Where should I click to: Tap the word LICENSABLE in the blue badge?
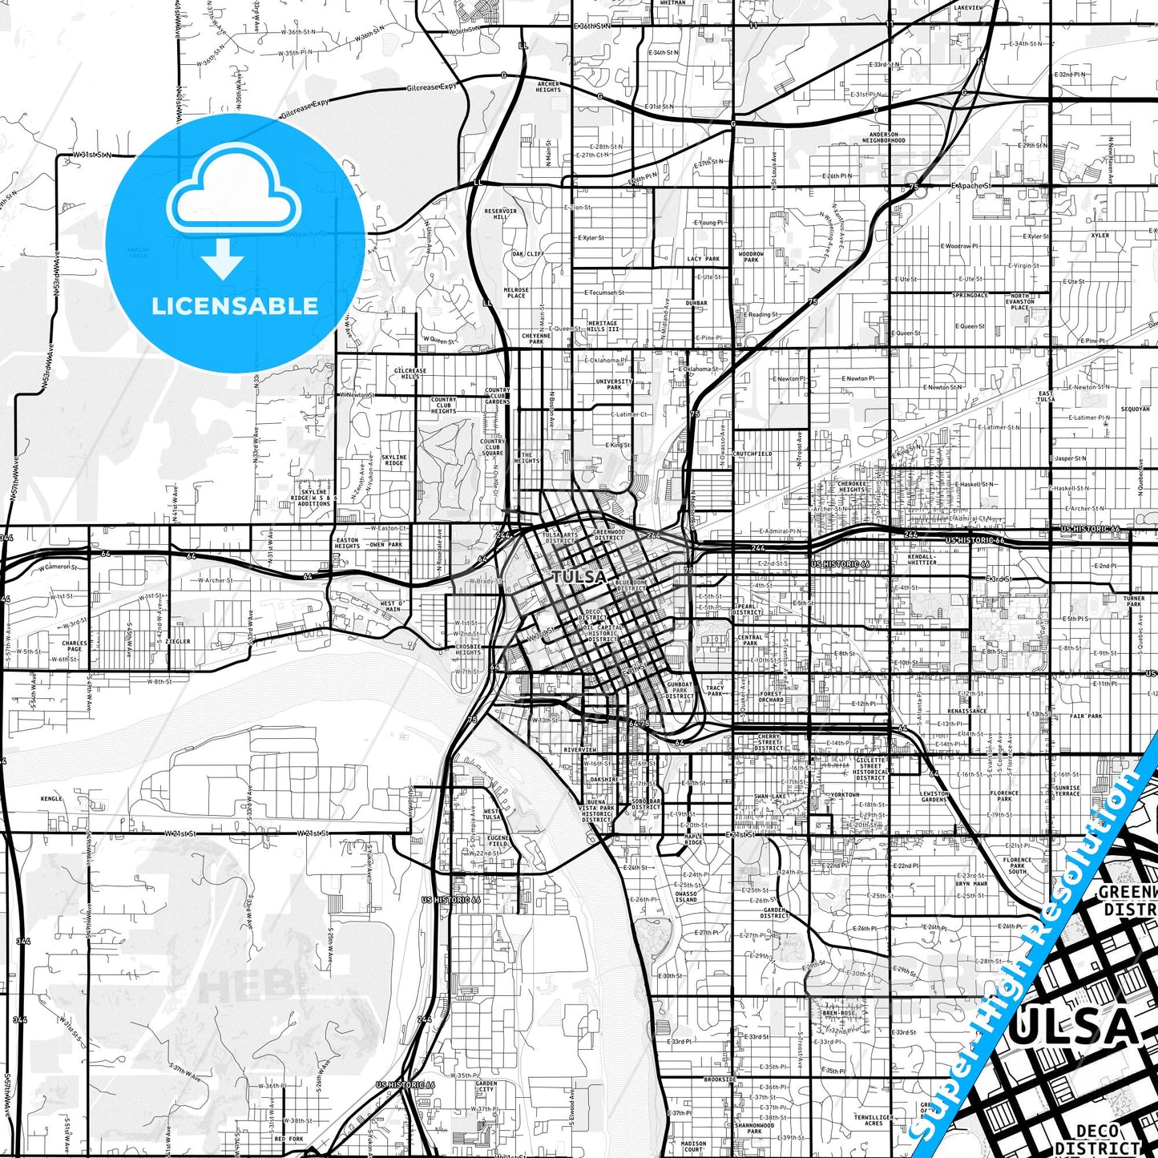[235, 306]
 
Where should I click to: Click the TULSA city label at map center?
[579, 577]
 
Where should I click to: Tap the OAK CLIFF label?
[528, 254]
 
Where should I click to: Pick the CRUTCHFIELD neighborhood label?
[752, 454]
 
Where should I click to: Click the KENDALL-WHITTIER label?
[922, 559]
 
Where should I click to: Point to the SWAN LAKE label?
[770, 797]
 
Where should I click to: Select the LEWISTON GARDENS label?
[934, 797]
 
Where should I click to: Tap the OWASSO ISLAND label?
[686, 897]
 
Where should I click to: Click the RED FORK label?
[288, 1139]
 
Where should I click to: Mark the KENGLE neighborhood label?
[51, 799]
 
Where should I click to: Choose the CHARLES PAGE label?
[74, 646]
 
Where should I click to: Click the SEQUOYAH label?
[1135, 409]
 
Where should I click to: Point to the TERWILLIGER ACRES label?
[874, 1120]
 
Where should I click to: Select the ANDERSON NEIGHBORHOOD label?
[884, 138]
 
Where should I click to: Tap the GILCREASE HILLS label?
[410, 374]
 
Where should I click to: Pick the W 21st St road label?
[180, 833]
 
